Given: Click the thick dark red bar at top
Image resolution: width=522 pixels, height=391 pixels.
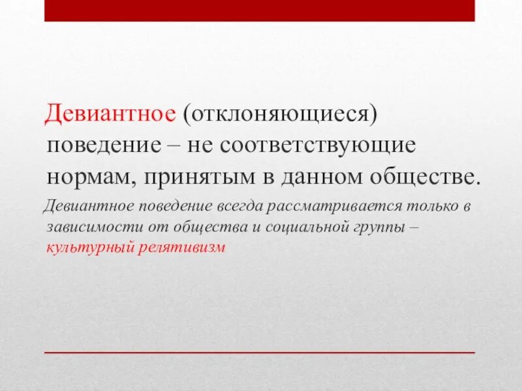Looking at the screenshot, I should (260, 10).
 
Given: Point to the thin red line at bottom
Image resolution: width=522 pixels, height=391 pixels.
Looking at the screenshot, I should (260, 352).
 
